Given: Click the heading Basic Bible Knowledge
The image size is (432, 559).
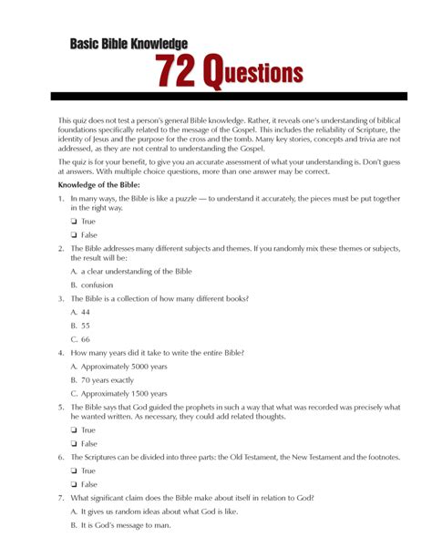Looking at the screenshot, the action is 129,43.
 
